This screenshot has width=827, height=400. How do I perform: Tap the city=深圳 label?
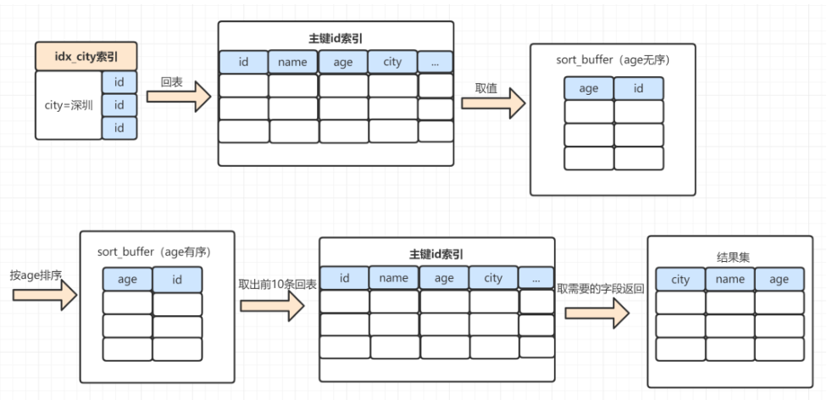click(68, 105)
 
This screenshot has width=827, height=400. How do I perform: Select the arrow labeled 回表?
click(178, 97)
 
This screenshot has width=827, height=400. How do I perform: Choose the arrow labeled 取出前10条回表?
click(271, 305)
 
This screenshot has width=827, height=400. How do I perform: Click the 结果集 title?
click(730, 256)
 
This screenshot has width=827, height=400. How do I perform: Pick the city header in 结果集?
click(680, 279)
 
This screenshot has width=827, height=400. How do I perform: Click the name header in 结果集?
click(730, 279)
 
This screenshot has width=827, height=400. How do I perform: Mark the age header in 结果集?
click(780, 279)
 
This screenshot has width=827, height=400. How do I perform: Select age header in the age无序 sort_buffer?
click(589, 88)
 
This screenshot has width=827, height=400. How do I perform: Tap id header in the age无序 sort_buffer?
click(638, 88)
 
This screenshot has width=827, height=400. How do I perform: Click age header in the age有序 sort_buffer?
click(127, 280)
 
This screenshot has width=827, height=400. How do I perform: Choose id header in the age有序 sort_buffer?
click(177, 280)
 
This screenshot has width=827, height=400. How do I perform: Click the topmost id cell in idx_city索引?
click(119, 81)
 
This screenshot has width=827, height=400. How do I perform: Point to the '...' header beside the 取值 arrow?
click(435, 62)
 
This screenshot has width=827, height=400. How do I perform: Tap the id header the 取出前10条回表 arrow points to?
click(344, 278)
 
